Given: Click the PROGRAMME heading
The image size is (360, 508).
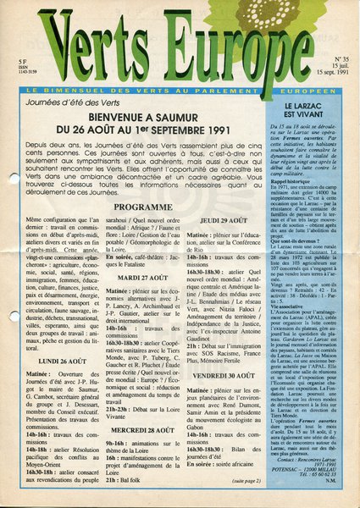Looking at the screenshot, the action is tap(137, 206).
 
